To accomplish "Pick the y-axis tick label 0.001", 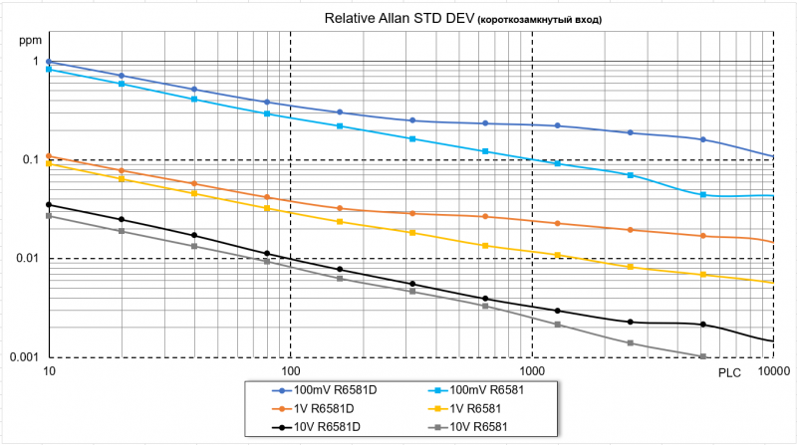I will pyautogui.click(x=24, y=357).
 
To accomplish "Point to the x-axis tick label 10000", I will pyautogui.click(x=771, y=372).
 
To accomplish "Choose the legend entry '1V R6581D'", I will pyautogui.click(x=315, y=409).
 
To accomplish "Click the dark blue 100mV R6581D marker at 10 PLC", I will pyautogui.click(x=48, y=62).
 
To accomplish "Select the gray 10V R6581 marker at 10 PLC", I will pyautogui.click(x=48, y=216).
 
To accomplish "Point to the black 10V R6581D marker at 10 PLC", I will pyautogui.click(x=48, y=205).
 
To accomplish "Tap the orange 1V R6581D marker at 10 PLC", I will pyautogui.click(x=48, y=156).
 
